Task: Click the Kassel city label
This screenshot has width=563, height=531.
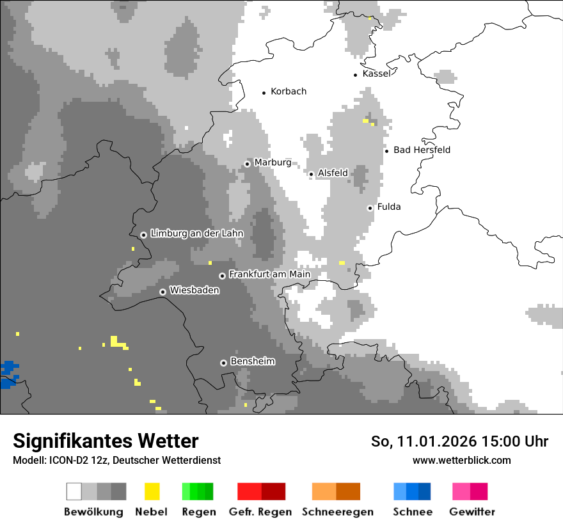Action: click(376, 74)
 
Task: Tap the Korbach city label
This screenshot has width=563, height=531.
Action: click(289, 91)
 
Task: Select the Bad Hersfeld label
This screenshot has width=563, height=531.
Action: click(422, 150)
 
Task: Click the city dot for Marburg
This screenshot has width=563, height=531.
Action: click(247, 164)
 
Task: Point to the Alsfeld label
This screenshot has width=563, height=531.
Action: click(333, 173)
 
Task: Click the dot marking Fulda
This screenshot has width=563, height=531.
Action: click(370, 208)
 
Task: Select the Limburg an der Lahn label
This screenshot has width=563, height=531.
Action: click(197, 234)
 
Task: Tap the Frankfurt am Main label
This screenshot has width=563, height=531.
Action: click(269, 274)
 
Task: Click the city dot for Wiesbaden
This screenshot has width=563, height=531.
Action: click(163, 292)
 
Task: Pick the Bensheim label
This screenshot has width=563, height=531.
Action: click(253, 361)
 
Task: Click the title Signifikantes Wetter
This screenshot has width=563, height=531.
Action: click(106, 441)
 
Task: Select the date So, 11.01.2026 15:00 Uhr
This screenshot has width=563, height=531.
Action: click(459, 441)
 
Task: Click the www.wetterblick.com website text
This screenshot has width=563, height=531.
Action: click(461, 461)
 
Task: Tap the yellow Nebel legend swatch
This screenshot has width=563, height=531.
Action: click(152, 491)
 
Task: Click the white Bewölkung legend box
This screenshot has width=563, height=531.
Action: click(74, 491)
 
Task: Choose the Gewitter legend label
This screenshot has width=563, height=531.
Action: click(472, 512)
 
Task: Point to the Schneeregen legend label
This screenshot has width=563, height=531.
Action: click(337, 512)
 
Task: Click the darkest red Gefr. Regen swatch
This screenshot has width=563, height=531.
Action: click(273, 491)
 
